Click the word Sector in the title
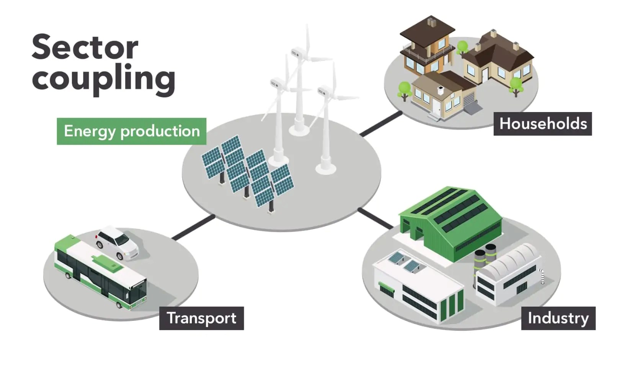[x=85, y=47]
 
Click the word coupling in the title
[x=103, y=78]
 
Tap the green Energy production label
[x=131, y=131]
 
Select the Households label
[x=542, y=124]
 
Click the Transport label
[x=201, y=318]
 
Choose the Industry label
[x=558, y=318]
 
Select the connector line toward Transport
[x=193, y=228]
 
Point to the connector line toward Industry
[x=375, y=219]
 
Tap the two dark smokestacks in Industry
[x=485, y=255]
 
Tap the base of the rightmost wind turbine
[x=326, y=169]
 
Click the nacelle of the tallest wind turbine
[x=298, y=52]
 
